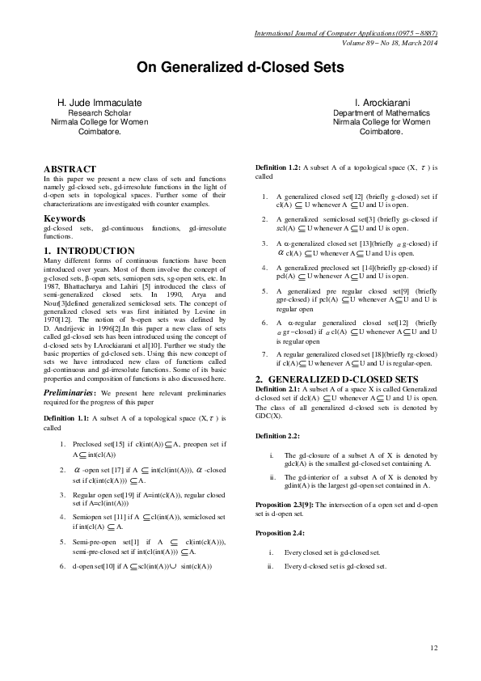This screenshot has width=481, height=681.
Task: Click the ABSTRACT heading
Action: point(70,169)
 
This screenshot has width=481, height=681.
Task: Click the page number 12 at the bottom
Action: point(433,646)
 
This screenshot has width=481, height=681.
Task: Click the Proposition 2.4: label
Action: point(283,534)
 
